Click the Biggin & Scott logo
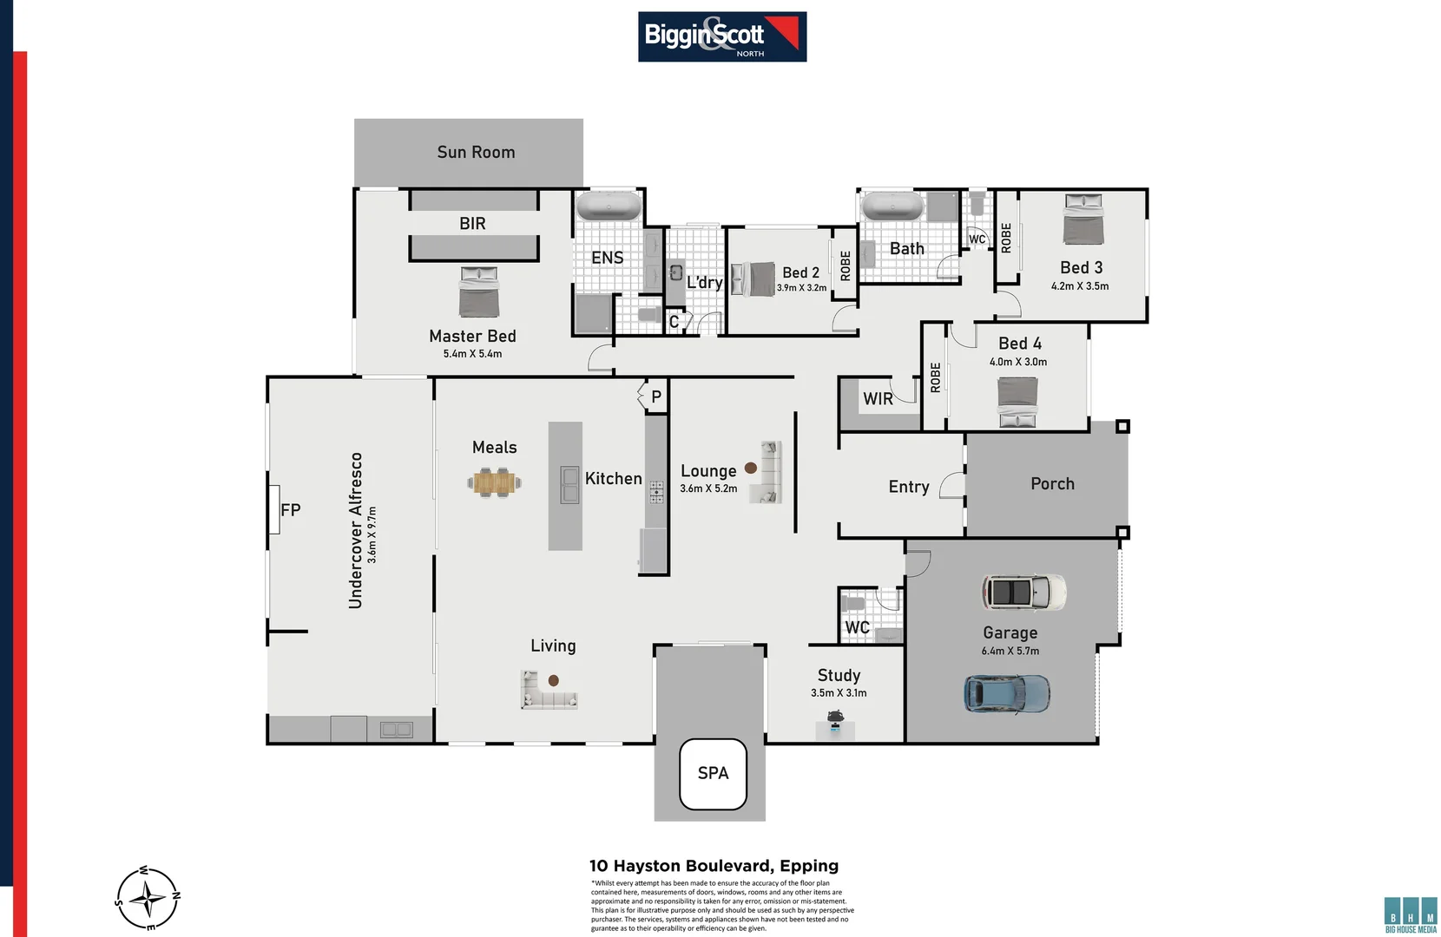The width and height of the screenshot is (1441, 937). tap(721, 36)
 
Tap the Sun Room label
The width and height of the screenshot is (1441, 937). tap(476, 153)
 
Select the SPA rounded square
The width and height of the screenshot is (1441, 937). tap(713, 774)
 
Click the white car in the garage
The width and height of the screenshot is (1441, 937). tap(1023, 593)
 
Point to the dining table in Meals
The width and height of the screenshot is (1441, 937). tap(495, 482)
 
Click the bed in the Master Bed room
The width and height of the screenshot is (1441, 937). tap(479, 292)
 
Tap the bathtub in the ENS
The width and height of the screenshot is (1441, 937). tap(609, 206)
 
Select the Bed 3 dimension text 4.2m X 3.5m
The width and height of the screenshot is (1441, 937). tap(1079, 286)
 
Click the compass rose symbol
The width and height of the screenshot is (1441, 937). tap(148, 898)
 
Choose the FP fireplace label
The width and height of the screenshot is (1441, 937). tap(290, 510)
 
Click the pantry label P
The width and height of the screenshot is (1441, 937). tap(656, 396)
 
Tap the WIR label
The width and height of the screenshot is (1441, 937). tap(878, 399)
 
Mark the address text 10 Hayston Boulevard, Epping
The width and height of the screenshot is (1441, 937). tap(714, 866)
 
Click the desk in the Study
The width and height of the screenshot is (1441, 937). tap(835, 727)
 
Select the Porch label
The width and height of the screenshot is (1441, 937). tap(1052, 484)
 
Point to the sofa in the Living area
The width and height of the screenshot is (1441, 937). tap(548, 691)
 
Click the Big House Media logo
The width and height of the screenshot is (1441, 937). tap(1411, 915)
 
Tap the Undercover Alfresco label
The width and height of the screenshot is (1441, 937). tap(355, 531)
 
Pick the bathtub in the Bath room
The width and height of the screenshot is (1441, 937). tap(892, 206)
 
